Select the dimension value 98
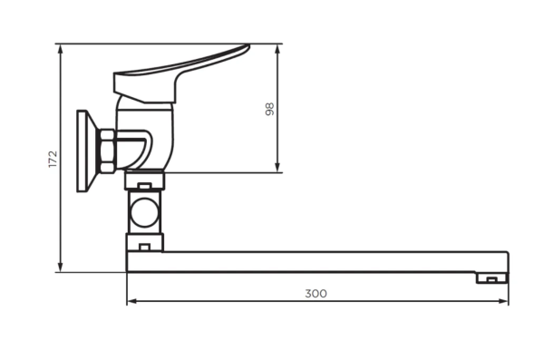[269, 109]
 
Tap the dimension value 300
[316, 293]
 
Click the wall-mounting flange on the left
[84, 151]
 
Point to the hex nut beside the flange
[106, 151]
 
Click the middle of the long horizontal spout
[317, 261]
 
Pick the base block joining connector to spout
[143, 241]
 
